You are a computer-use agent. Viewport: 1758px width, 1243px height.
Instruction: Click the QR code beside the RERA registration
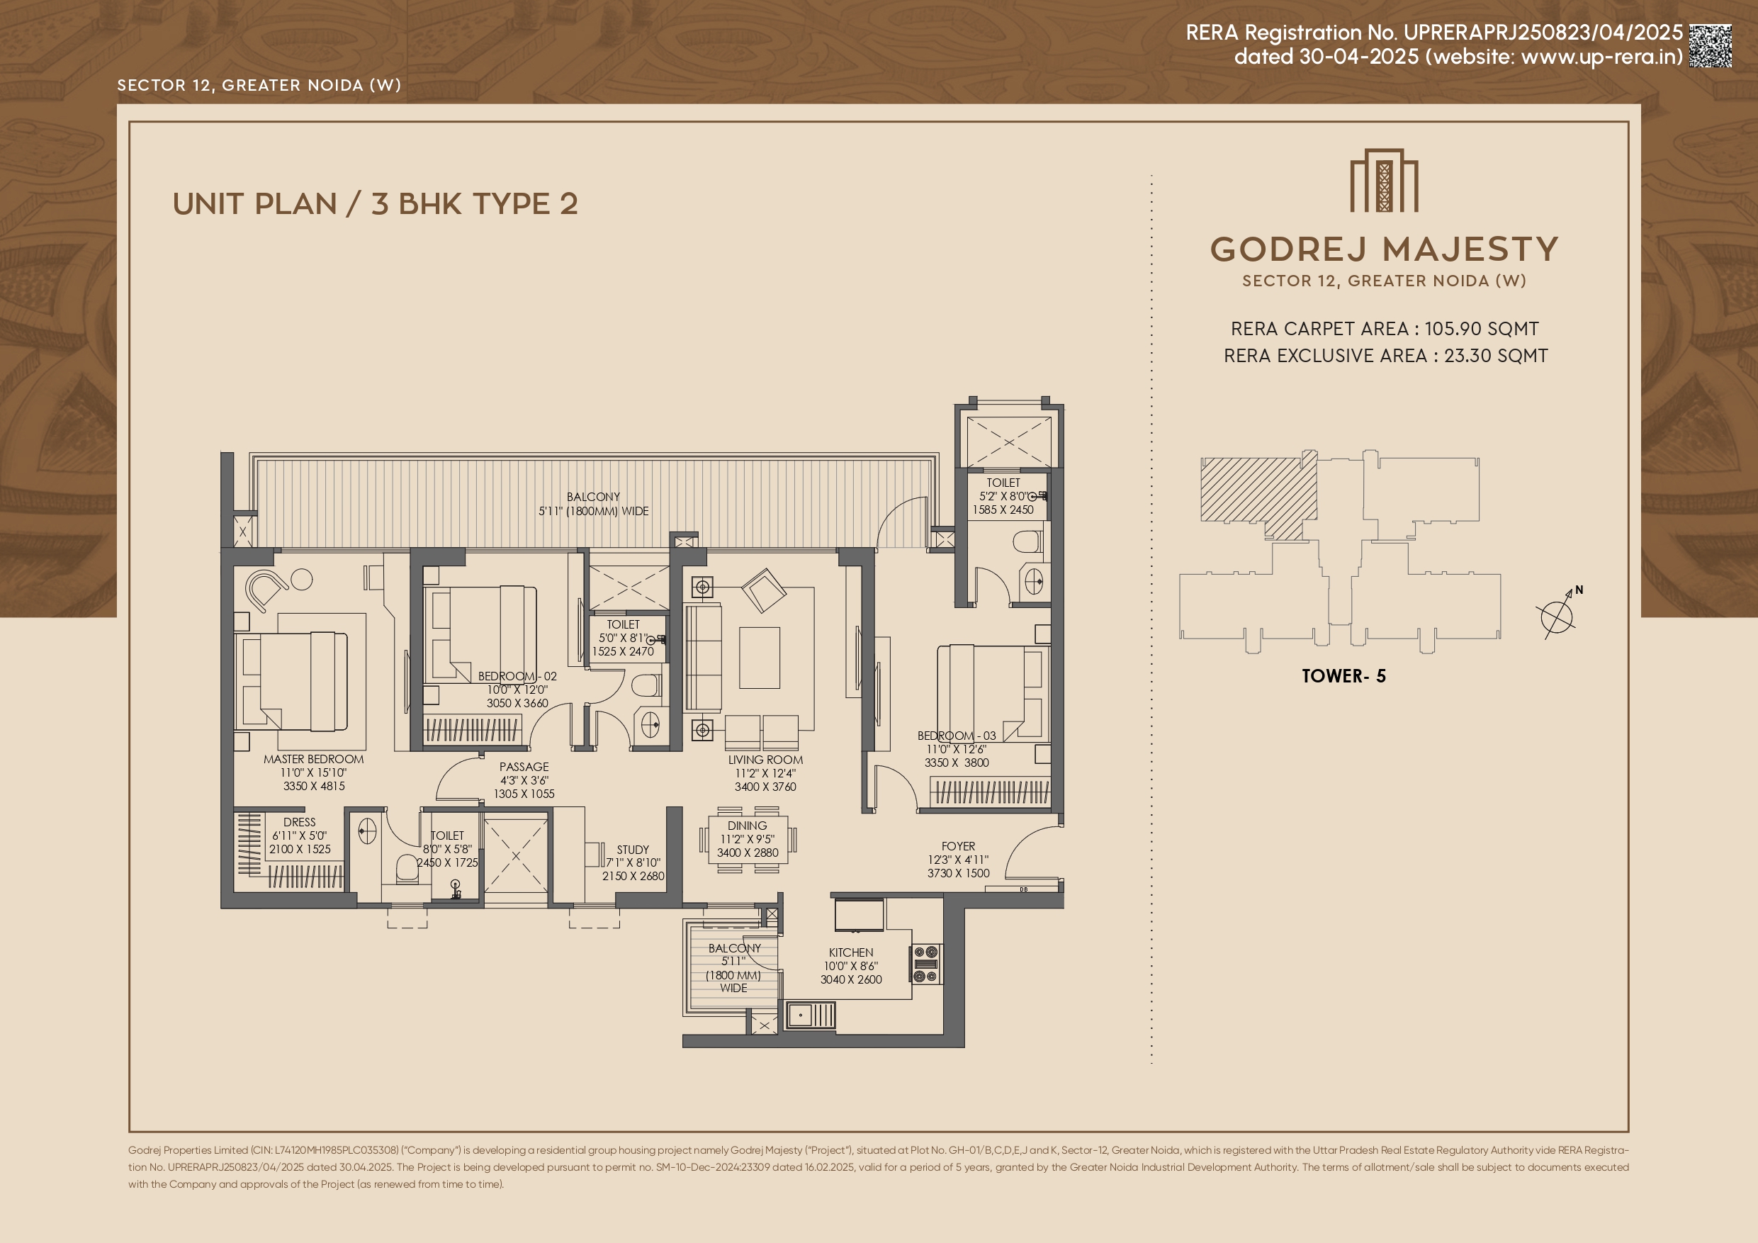pyautogui.click(x=1711, y=45)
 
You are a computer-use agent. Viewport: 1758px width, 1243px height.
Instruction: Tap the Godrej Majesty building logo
pyautogui.click(x=1385, y=180)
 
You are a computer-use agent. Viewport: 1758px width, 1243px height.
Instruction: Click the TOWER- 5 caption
pyautogui.click(x=1343, y=675)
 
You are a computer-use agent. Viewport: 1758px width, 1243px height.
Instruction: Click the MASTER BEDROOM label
pyautogui.click(x=314, y=759)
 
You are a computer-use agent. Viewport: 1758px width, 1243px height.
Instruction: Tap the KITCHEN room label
pyautogui.click(x=851, y=952)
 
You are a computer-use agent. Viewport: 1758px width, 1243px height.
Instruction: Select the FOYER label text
pyautogui.click(x=959, y=846)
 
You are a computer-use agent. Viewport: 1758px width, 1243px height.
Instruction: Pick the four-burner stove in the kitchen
pyautogui.click(x=926, y=964)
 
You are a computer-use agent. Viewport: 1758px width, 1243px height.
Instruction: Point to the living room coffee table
pyautogui.click(x=760, y=658)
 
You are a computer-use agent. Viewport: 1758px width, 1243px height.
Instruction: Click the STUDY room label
pyautogui.click(x=633, y=850)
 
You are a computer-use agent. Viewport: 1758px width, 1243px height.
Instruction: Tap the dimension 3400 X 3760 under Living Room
pyautogui.click(x=766, y=787)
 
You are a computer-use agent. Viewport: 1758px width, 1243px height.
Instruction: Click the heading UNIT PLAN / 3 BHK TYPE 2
pyautogui.click(x=375, y=203)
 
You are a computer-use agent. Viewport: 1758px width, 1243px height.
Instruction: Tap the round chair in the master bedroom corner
pyautogui.click(x=264, y=590)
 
